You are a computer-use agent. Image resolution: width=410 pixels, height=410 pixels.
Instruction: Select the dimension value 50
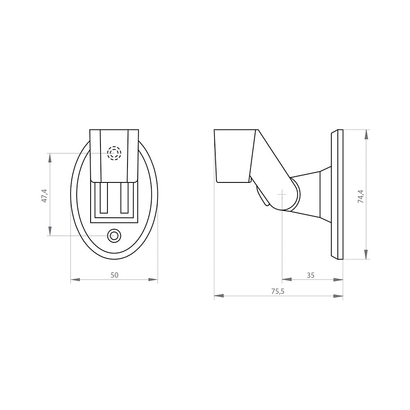point(114,275)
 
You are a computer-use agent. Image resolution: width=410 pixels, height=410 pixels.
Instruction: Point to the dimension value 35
point(310,275)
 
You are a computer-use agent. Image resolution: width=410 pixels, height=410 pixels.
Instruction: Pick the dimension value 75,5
point(278,291)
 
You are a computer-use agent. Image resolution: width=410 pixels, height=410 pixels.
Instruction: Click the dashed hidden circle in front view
point(114,153)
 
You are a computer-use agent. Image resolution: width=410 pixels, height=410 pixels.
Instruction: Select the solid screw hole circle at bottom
point(114,235)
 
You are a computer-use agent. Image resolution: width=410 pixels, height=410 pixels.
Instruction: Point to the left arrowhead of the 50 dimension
point(75,280)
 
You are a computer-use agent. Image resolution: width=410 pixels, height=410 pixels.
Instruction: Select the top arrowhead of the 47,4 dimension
point(50,158)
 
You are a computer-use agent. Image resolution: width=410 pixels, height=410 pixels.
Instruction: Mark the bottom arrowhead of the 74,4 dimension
point(366,255)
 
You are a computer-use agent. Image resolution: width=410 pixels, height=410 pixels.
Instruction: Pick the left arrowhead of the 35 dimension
point(287,280)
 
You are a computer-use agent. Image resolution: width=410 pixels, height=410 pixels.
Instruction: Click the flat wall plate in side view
point(337,195)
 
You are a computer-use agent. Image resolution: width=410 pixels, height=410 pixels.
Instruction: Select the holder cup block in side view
point(233,156)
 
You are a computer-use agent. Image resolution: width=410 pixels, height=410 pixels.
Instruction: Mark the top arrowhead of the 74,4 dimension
point(366,134)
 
